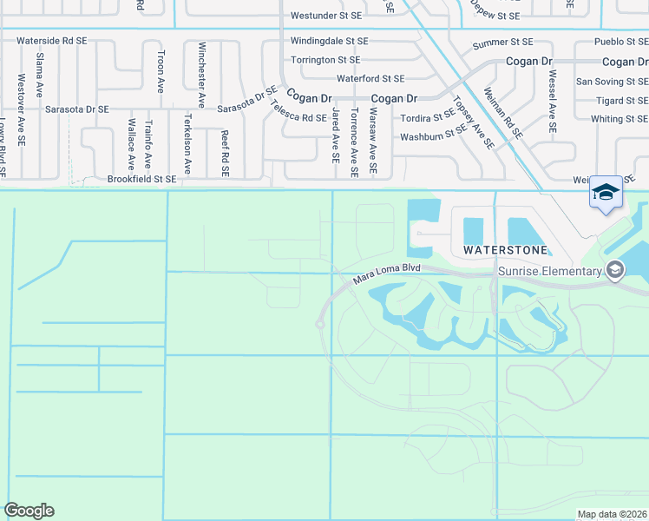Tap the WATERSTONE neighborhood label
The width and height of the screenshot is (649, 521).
pos(505,250)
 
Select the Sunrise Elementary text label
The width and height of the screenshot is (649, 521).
pos(549,272)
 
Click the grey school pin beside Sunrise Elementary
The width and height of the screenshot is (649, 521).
pos(615,271)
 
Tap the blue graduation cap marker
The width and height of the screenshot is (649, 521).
pos(606,193)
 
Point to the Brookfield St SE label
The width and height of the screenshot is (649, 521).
pos(141,179)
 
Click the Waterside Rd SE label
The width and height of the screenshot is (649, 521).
pos(51,41)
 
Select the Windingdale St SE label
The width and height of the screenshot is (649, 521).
pos(329,41)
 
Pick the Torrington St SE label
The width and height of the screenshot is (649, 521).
pos(325,60)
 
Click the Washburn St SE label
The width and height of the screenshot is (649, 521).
pos(433,135)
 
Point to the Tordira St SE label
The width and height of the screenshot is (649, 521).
pos(427,116)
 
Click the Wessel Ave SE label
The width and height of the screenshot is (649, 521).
pos(552,101)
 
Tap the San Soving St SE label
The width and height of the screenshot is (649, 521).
pos(612,82)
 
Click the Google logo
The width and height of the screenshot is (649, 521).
pos(29,511)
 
